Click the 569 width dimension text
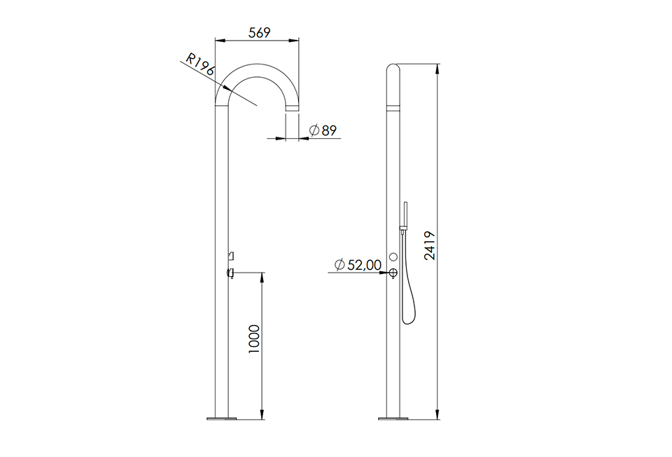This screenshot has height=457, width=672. click(x=256, y=32)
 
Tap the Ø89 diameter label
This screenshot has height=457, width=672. click(x=323, y=130)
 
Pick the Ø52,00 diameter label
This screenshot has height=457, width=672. click(x=358, y=264)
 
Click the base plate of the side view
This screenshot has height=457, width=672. click(x=222, y=419)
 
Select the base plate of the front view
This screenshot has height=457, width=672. click(x=393, y=419)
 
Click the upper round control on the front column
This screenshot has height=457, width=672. click(x=393, y=257)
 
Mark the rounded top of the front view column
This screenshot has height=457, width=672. click(x=393, y=70)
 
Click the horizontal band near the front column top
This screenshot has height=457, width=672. click(x=393, y=108)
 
